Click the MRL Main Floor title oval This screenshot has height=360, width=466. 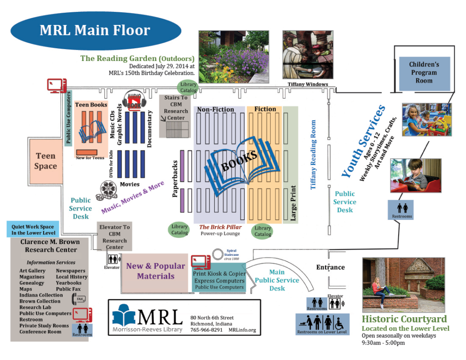[95, 30]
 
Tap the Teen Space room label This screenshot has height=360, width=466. [46, 161]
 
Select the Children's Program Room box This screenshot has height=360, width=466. [424, 73]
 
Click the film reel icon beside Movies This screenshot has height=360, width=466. [109, 188]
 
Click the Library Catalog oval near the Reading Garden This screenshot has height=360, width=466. [188, 87]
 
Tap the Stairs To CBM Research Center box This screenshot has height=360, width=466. [176, 108]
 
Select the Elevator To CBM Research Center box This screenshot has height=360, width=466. [115, 237]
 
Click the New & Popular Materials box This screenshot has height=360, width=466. [156, 271]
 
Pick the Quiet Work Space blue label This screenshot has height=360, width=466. [33, 229]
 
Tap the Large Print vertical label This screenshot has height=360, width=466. [293, 203]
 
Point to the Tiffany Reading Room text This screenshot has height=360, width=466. [313, 155]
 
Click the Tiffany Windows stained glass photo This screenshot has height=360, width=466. [308, 55]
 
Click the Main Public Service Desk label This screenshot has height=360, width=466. [277, 280]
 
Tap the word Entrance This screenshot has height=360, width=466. [330, 267]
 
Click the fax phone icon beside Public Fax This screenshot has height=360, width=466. [79, 299]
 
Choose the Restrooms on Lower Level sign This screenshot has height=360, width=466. [322, 324]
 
